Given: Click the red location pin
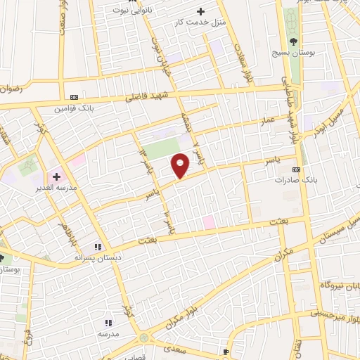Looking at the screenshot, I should point(181,165).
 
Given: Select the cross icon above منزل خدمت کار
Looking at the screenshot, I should point(201,11).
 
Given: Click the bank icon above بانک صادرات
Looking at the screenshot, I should point(296,169).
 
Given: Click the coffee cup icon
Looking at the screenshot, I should point(226,351).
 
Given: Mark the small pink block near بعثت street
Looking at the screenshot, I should point(209,222).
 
